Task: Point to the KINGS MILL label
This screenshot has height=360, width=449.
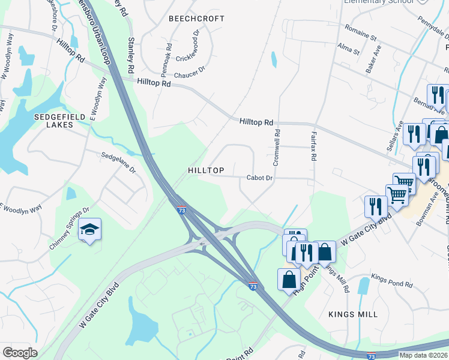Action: point(353,314)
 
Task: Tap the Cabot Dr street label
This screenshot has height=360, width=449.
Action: point(260,178)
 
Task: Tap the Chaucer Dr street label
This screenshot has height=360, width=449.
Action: point(189,75)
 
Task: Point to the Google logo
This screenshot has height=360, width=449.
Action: point(20,353)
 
